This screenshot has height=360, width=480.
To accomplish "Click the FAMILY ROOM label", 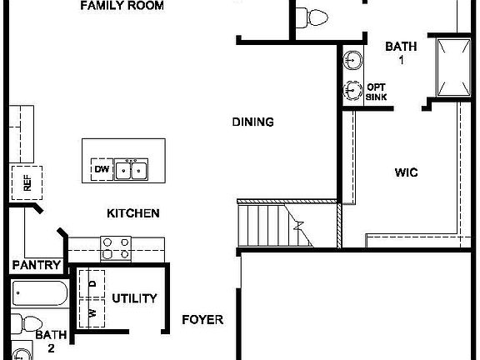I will click(133, 6).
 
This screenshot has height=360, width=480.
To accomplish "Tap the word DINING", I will click(252, 122).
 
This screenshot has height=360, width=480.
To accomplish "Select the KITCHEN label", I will click(132, 213).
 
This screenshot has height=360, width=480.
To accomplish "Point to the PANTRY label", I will click(37, 266).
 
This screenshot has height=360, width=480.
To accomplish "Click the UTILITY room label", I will click(134, 298).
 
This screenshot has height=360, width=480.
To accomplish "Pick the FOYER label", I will click(202, 319).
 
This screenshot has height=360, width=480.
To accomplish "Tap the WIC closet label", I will click(406, 173).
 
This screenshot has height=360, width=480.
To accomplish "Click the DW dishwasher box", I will click(101, 170).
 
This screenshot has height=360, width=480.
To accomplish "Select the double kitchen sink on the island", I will click(131, 170).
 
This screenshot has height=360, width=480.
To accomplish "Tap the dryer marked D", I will click(92, 284).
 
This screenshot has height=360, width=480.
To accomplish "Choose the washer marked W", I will click(92, 313).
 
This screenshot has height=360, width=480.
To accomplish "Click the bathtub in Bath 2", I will click(40, 294).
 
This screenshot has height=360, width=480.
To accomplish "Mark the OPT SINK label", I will click(376, 92).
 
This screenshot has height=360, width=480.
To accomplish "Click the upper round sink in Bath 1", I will click(353, 61).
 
